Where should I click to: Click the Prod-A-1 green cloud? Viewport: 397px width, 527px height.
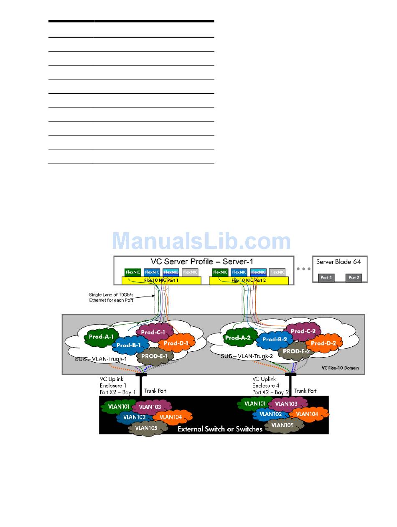[101, 336]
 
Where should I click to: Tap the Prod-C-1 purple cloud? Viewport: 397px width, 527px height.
[153, 332]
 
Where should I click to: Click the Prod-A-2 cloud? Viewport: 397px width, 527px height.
[238, 338]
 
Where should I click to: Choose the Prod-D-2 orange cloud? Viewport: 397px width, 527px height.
[324, 343]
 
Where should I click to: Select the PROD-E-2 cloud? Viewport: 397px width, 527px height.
[296, 351]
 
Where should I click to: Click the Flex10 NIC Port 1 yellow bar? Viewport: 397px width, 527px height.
[161, 280]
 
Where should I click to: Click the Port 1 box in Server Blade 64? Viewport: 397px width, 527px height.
[326, 277]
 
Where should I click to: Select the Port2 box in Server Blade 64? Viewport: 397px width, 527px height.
[354, 277]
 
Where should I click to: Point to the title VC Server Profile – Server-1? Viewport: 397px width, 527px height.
[202, 261]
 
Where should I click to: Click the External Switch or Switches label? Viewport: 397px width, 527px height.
[220, 428]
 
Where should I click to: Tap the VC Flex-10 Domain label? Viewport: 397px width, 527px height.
[340, 368]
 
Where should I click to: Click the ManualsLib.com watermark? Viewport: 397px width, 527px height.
[201, 241]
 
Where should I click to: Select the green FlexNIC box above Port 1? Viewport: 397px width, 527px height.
[132, 272]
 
